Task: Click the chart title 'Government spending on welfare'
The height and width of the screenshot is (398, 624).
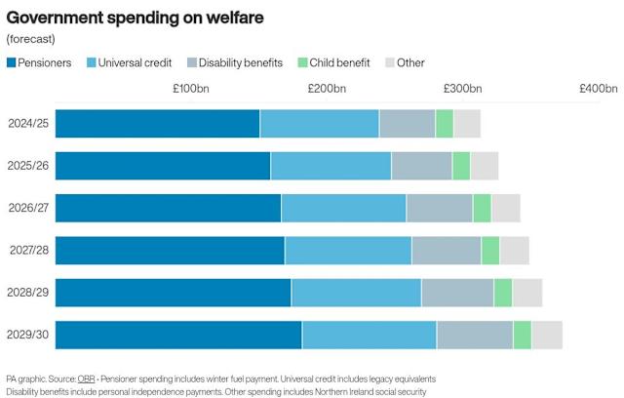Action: (135, 18)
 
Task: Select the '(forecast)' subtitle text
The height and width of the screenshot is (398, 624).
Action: (30, 39)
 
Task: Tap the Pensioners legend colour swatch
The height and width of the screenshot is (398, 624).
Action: (11, 62)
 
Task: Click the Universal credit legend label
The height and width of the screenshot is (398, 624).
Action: (135, 62)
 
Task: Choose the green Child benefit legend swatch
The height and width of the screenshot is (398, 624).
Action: (302, 62)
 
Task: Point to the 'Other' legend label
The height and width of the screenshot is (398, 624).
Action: (410, 62)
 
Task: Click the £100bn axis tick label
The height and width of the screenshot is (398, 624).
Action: (191, 89)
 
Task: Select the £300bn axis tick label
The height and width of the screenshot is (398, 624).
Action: (463, 89)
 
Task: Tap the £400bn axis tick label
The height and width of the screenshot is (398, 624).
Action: (599, 89)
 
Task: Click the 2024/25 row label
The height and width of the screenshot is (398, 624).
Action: (28, 123)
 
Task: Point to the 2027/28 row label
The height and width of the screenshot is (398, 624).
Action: (29, 250)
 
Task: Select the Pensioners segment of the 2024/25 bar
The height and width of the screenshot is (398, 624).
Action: (158, 124)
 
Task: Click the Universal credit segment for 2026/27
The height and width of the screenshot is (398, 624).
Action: (344, 208)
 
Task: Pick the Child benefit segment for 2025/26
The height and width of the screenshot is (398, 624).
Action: (461, 166)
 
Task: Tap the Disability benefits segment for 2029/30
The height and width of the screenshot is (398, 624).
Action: (475, 336)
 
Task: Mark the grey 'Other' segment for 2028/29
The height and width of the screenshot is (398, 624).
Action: (527, 293)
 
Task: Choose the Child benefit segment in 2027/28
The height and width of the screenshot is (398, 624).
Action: (490, 251)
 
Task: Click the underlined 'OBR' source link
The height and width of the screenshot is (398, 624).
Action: (87, 378)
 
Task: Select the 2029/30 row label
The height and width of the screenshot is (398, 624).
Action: (28, 335)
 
